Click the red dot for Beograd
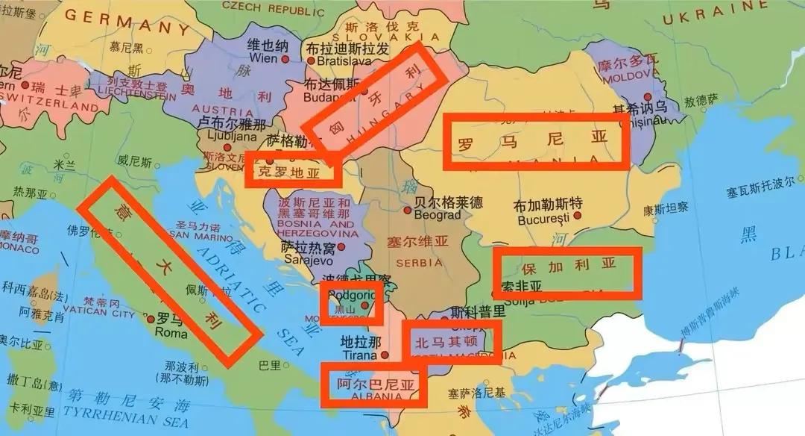click(x=407, y=210)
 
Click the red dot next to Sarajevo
click(x=341, y=246)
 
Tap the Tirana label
click(x=360, y=356)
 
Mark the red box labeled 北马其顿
click(x=452, y=343)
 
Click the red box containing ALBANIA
click(x=373, y=385)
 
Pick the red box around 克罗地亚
click(x=293, y=169)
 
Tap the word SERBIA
click(x=419, y=263)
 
